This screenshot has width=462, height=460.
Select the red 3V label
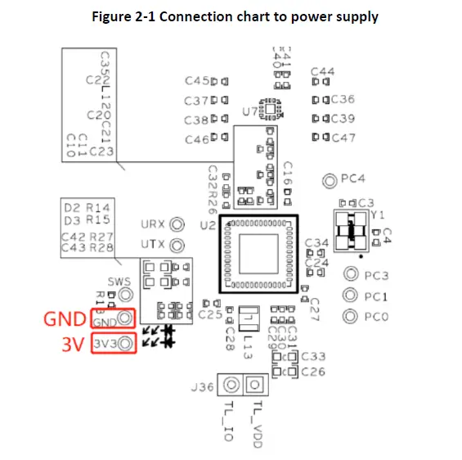tap(74, 345)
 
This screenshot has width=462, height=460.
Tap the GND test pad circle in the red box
tap(125, 319)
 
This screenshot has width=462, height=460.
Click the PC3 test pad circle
tap(350, 275)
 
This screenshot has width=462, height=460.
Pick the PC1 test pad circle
tap(350, 295)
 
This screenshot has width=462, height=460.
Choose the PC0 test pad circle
tap(350, 316)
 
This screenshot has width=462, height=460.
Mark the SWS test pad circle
tap(125, 293)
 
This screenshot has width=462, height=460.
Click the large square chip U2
tap(258, 254)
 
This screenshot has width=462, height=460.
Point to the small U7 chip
tap(271, 108)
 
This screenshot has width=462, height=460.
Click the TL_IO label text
tap(228, 422)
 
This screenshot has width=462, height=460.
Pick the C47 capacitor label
tap(343, 138)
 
